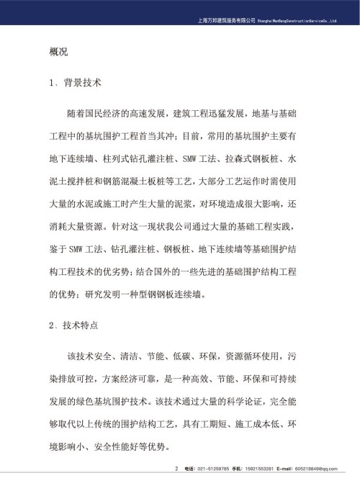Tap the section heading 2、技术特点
point(75,325)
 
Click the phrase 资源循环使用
point(256,356)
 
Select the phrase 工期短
point(212,426)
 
